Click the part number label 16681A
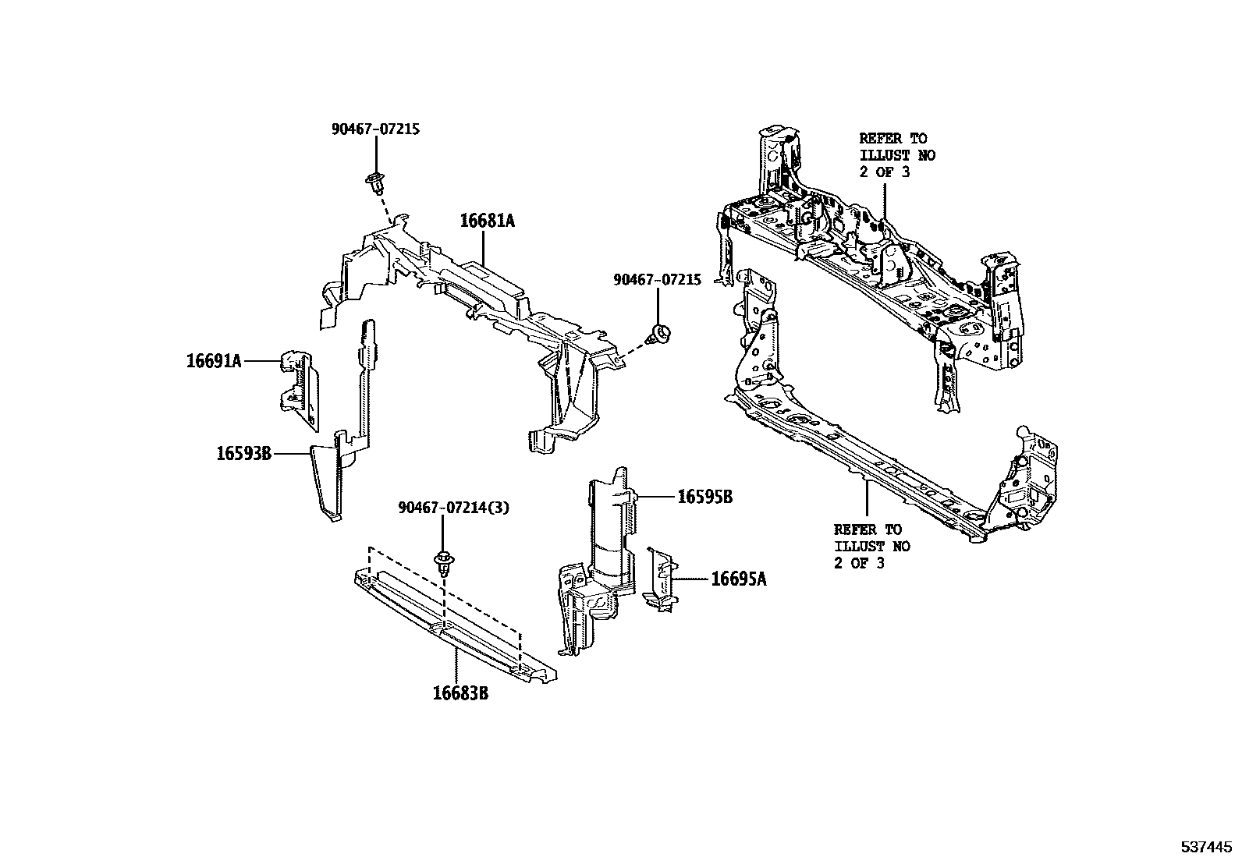click(487, 221)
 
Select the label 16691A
click(213, 360)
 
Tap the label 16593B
click(243, 452)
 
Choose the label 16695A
click(738, 579)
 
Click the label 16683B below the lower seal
click(460, 692)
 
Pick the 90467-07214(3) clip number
click(453, 508)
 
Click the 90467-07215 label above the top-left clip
click(375, 129)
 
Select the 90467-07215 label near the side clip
click(657, 278)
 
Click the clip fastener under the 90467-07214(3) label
click(444, 563)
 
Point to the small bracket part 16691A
click(299, 388)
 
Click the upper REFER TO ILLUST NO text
click(896, 155)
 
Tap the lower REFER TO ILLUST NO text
click(871, 546)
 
